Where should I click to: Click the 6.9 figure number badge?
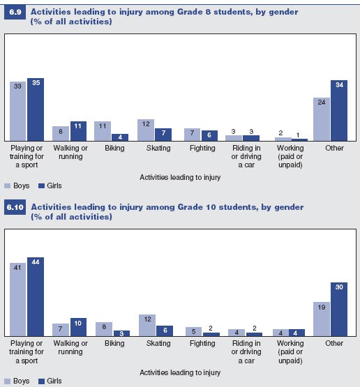pos(15,12)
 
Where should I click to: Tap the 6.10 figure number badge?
pos(16,207)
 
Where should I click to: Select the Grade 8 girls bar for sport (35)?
pos(36,109)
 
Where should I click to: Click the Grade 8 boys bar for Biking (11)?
pos(103,131)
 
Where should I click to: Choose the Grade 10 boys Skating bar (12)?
pos(146,325)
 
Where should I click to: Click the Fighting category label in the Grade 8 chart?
pos(197,148)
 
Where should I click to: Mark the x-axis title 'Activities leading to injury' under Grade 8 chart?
pos(180,177)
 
